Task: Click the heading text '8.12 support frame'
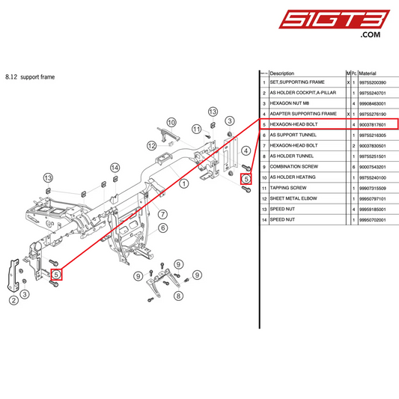[x=30, y=76]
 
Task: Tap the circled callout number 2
[x=13, y=301]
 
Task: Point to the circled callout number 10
[x=171, y=122]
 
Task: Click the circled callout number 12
[x=152, y=145]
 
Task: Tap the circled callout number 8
[x=178, y=296]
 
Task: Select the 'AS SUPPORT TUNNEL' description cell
[x=293, y=135]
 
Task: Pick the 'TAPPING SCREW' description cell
[x=288, y=188]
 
